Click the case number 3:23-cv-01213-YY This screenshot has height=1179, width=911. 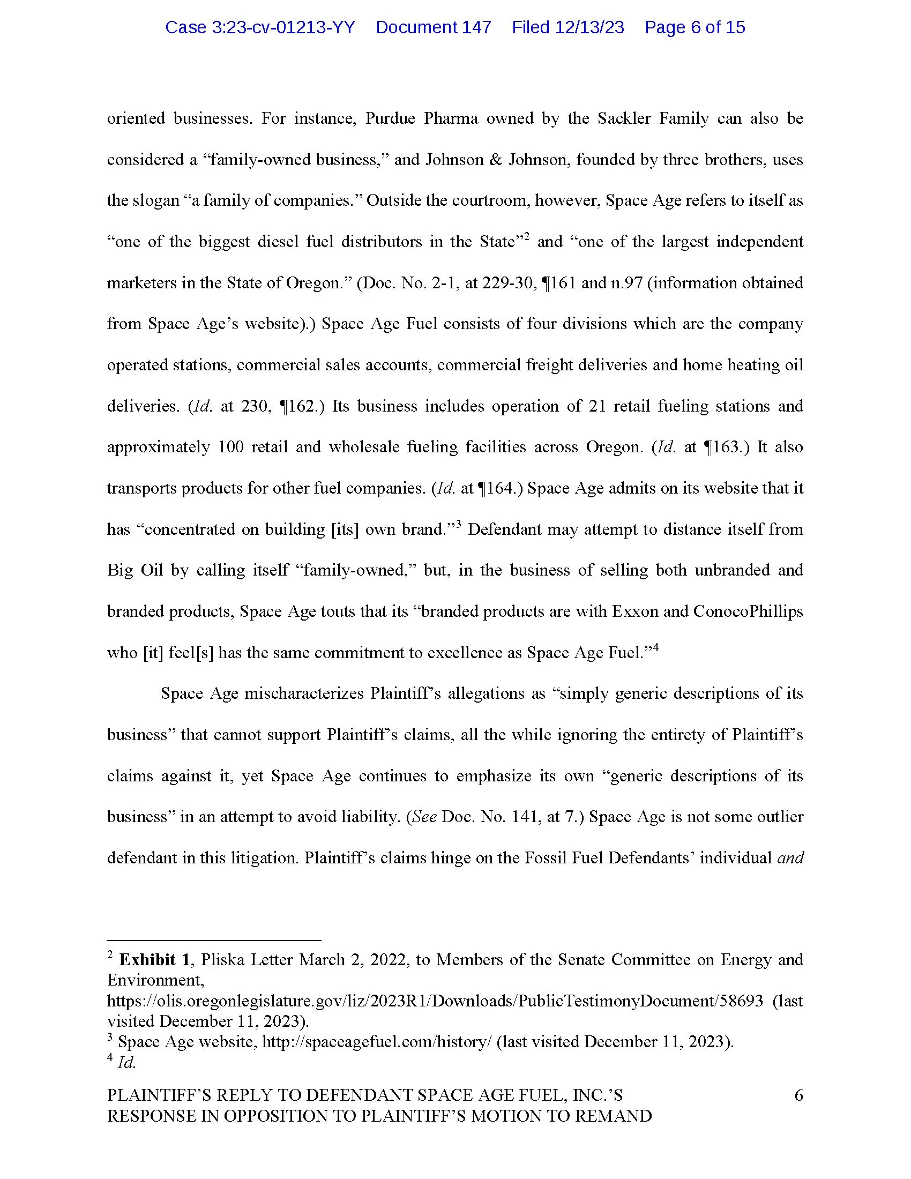click(259, 27)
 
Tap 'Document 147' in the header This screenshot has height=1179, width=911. click(433, 27)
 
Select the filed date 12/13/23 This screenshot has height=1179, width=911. click(567, 27)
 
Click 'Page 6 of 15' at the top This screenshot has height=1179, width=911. click(695, 27)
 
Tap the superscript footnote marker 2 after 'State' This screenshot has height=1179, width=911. click(526, 236)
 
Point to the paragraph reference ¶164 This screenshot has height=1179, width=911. click(498, 488)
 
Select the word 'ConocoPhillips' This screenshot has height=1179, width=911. click(748, 611)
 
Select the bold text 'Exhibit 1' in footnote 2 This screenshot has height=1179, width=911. click(154, 959)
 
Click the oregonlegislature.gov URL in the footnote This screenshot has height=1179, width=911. click(435, 1001)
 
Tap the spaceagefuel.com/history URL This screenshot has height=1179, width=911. click(377, 1041)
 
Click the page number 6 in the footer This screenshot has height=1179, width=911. click(799, 1095)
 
